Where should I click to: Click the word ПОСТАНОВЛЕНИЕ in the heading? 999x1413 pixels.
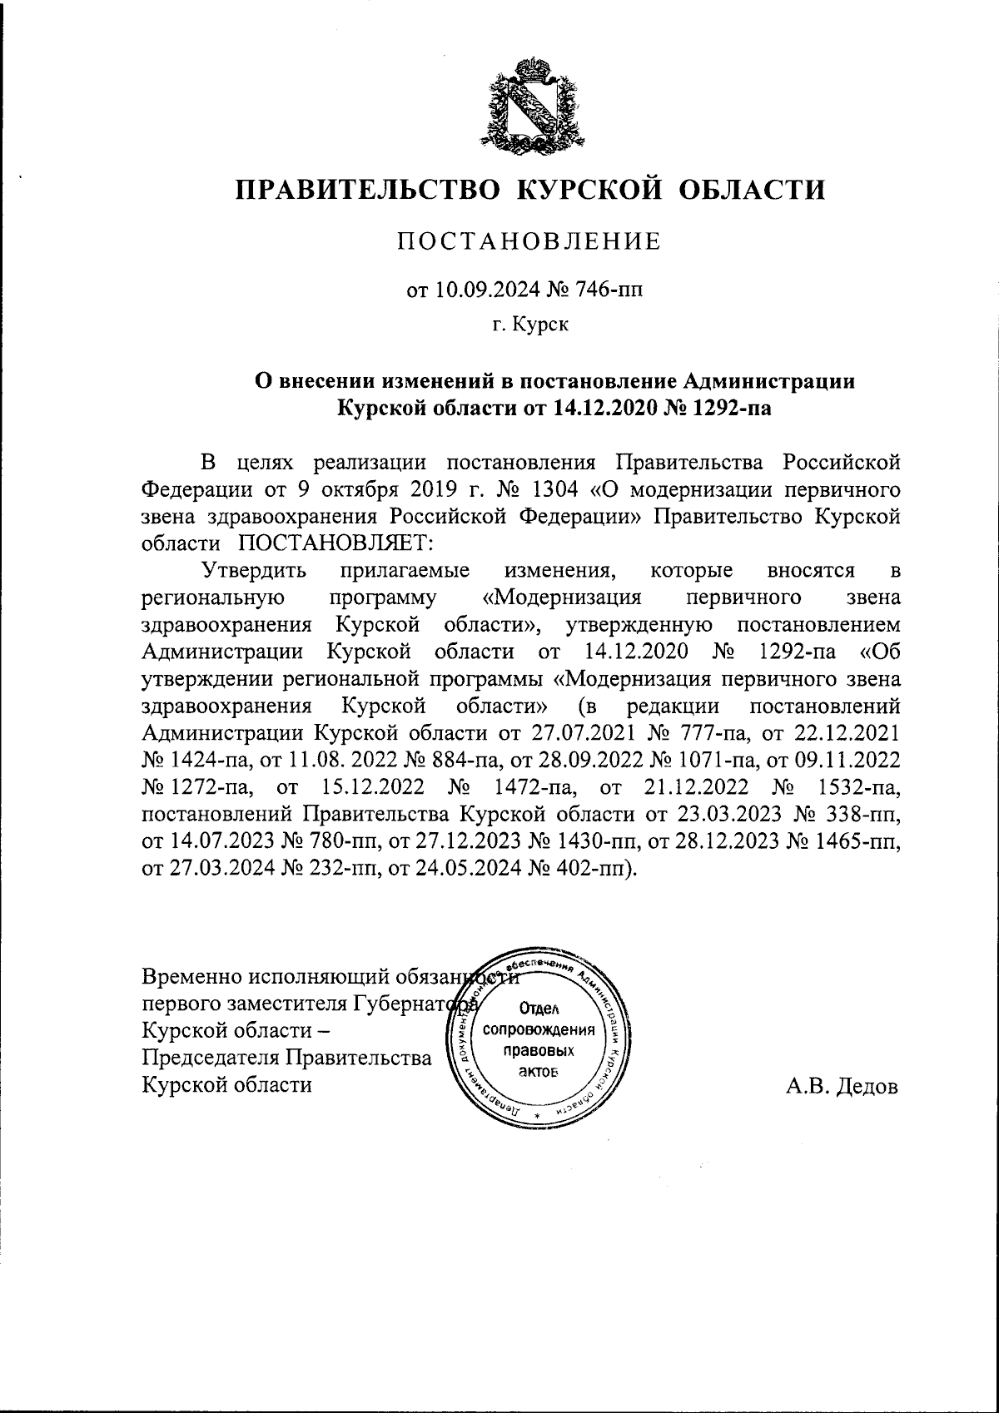coord(529,242)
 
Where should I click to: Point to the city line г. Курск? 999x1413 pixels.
coord(529,325)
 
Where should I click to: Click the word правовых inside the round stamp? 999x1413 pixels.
coord(533,1051)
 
